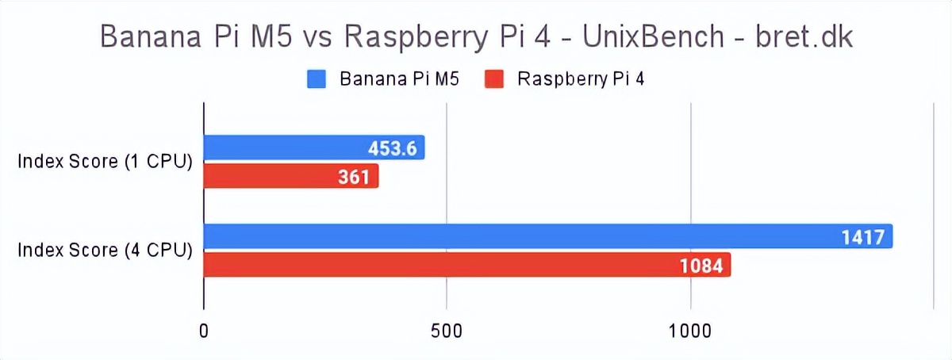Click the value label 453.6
(x=392, y=148)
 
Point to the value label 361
(x=355, y=176)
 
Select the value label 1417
(x=863, y=236)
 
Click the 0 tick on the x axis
(x=205, y=331)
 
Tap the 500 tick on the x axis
(x=447, y=331)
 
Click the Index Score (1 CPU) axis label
(x=106, y=162)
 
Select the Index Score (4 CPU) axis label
(x=106, y=251)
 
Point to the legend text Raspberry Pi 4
(x=580, y=79)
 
